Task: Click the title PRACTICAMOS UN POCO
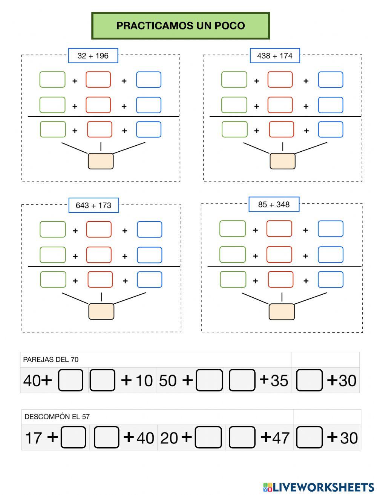181,26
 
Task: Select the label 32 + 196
93,56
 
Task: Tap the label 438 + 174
274,56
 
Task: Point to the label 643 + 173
93,206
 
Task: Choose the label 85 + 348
274,204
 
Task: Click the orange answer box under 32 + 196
101,161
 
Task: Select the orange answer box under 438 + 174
282,161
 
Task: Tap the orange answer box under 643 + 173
101,311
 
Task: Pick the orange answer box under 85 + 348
282,312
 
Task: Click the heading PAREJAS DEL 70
51,359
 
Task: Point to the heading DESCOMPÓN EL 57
57,417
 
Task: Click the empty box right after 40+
71,380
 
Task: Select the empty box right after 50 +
210,380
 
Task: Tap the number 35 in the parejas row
279,380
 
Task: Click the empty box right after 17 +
73,437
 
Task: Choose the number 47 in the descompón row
281,437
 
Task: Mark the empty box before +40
107,437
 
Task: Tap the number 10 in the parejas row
144,380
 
